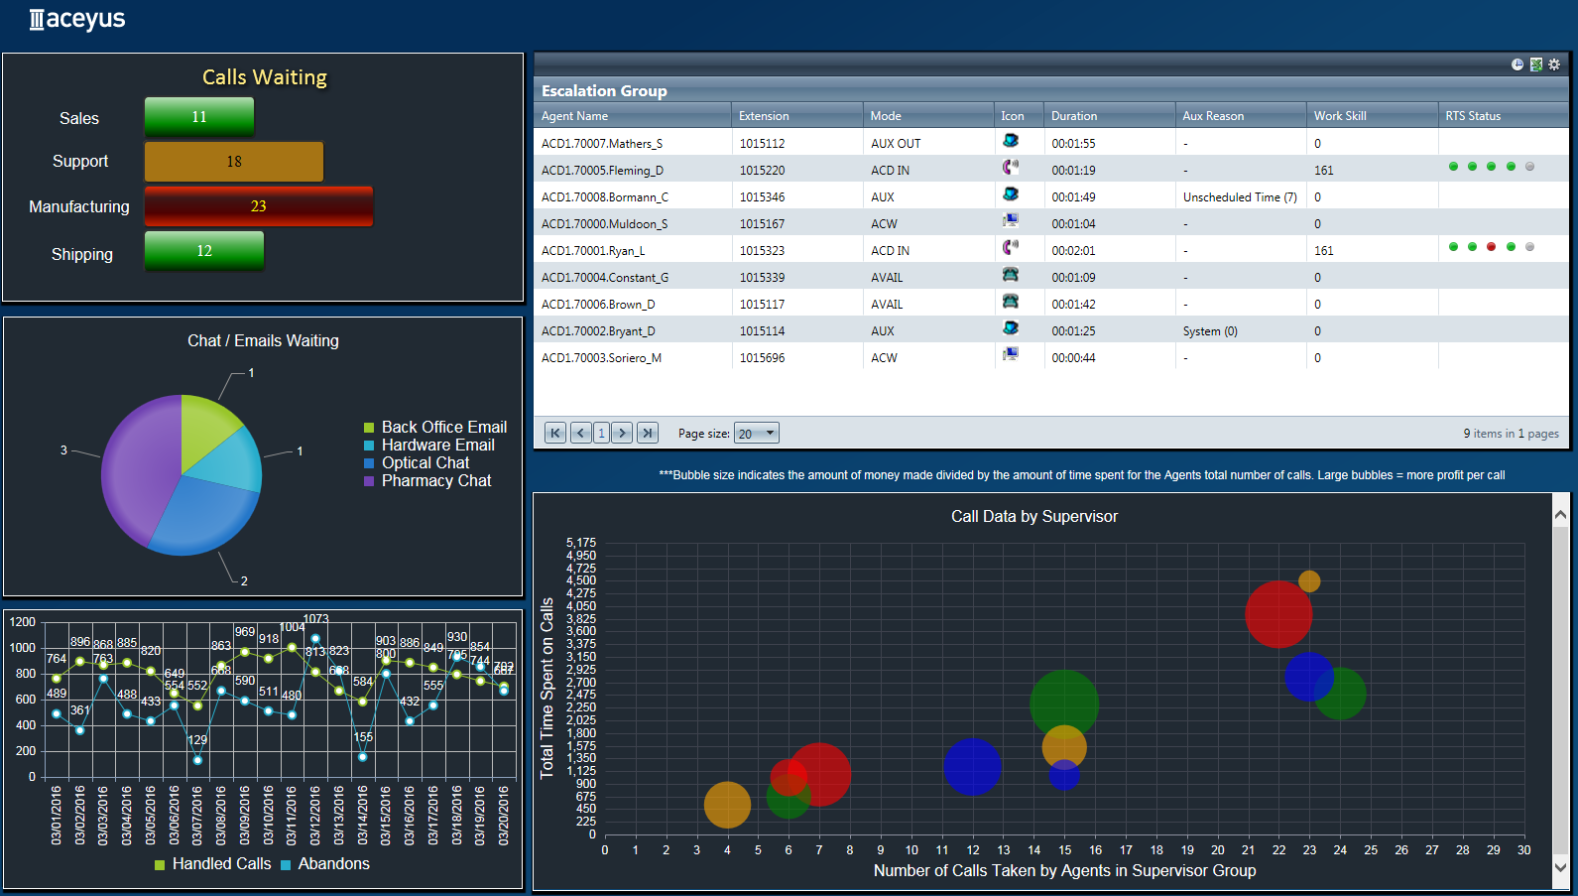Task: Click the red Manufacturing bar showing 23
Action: pos(258,206)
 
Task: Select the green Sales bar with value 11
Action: pos(199,117)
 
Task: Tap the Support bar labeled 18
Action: pos(234,162)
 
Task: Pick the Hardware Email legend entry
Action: pos(436,446)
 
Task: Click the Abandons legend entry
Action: pos(332,864)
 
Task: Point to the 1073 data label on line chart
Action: pos(315,619)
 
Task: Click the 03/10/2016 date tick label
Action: pos(269,815)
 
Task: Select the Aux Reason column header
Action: pos(1212,116)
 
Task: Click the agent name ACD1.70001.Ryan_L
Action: pos(592,251)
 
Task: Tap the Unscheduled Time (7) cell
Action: pos(1239,197)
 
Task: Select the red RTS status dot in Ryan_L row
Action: pos(1491,247)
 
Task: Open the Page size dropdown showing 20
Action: pos(756,434)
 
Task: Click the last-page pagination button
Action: pos(647,433)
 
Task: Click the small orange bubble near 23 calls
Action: pos(1309,580)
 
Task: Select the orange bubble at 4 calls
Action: pos(727,805)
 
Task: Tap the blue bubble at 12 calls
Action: pos(972,766)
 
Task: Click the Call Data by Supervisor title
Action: pos(1033,516)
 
